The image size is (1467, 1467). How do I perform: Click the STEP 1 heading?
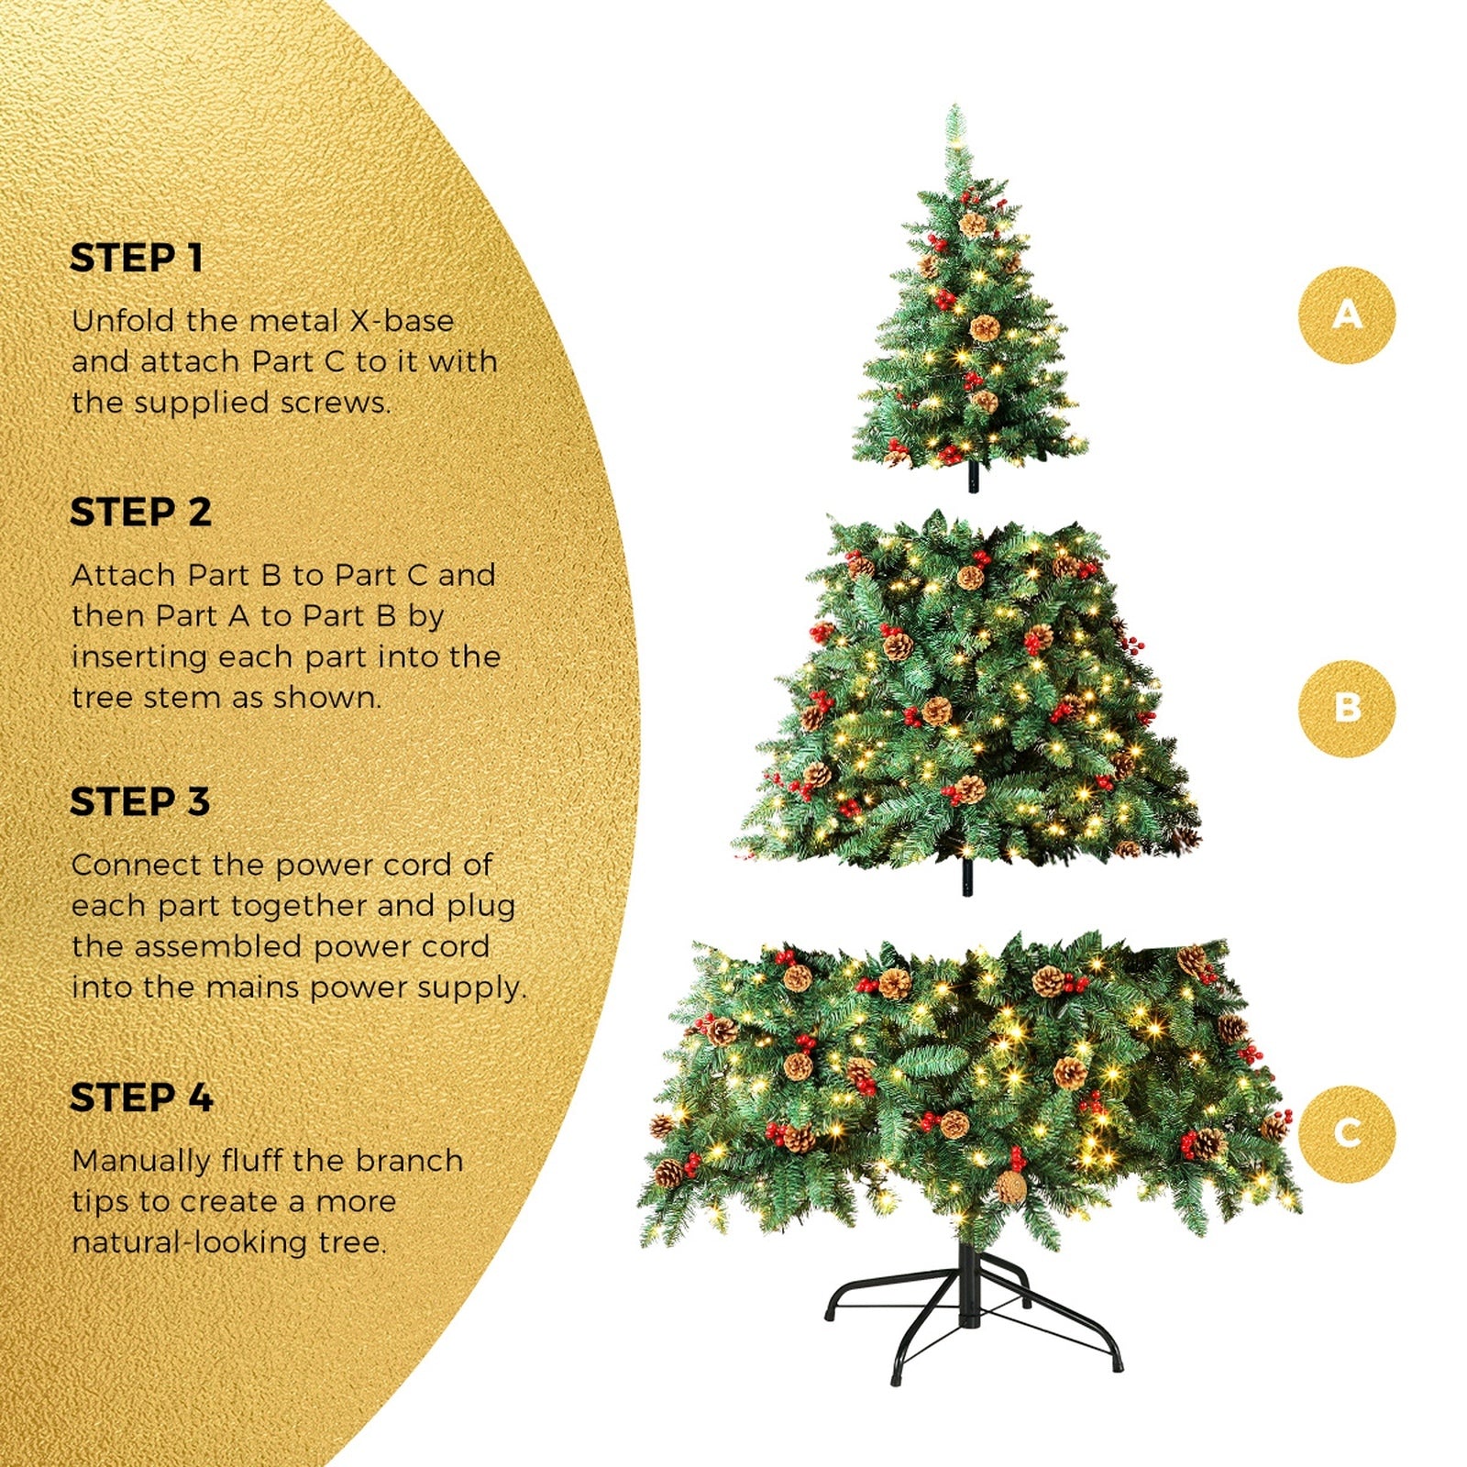(137, 259)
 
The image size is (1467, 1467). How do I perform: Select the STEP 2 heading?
(140, 513)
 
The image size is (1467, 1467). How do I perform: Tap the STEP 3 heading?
(140, 802)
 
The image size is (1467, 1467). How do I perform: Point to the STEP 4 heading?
(141, 1097)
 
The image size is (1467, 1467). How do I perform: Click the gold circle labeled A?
(1346, 314)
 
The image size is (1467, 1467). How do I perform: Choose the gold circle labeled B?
(1346, 708)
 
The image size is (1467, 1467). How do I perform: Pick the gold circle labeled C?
(1346, 1133)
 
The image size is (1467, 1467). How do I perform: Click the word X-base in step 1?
(403, 321)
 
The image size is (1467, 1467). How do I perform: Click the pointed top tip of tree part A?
(955, 108)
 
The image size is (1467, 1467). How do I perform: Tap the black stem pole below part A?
(973, 477)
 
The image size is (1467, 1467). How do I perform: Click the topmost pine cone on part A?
(972, 223)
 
